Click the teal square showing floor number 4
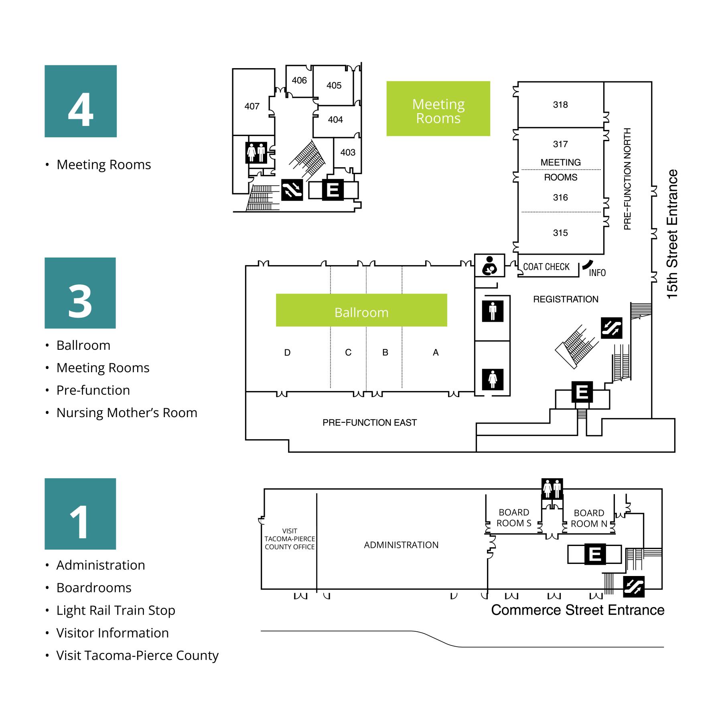[80, 101]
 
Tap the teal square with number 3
[80, 293]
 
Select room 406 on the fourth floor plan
[299, 81]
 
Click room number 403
[348, 152]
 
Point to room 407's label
[252, 106]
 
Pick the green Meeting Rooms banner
[438, 109]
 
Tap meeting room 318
[560, 105]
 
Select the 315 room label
[560, 233]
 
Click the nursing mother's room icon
[489, 266]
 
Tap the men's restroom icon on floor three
[493, 311]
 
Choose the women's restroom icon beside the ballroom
[493, 379]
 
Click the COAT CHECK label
[546, 267]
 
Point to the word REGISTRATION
[566, 299]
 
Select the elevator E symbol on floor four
[333, 190]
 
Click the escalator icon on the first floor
[634, 586]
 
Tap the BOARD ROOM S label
[514, 518]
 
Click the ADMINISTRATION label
[401, 545]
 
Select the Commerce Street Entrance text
[578, 610]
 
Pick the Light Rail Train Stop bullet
[116, 610]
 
